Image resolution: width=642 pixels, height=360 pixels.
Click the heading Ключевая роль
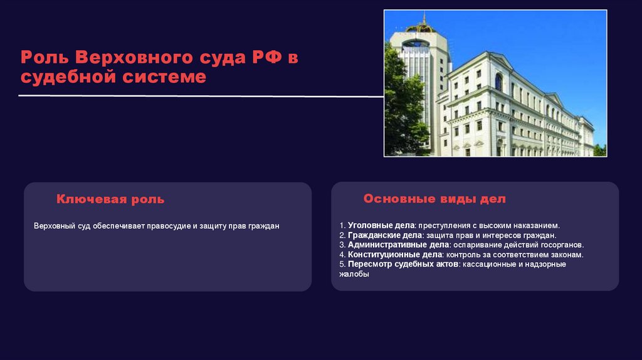[110, 199]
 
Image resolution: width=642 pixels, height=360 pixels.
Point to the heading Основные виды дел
[434, 199]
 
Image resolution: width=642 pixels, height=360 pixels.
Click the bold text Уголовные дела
[381, 225]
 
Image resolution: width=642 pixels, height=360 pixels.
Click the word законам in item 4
[566, 255]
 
